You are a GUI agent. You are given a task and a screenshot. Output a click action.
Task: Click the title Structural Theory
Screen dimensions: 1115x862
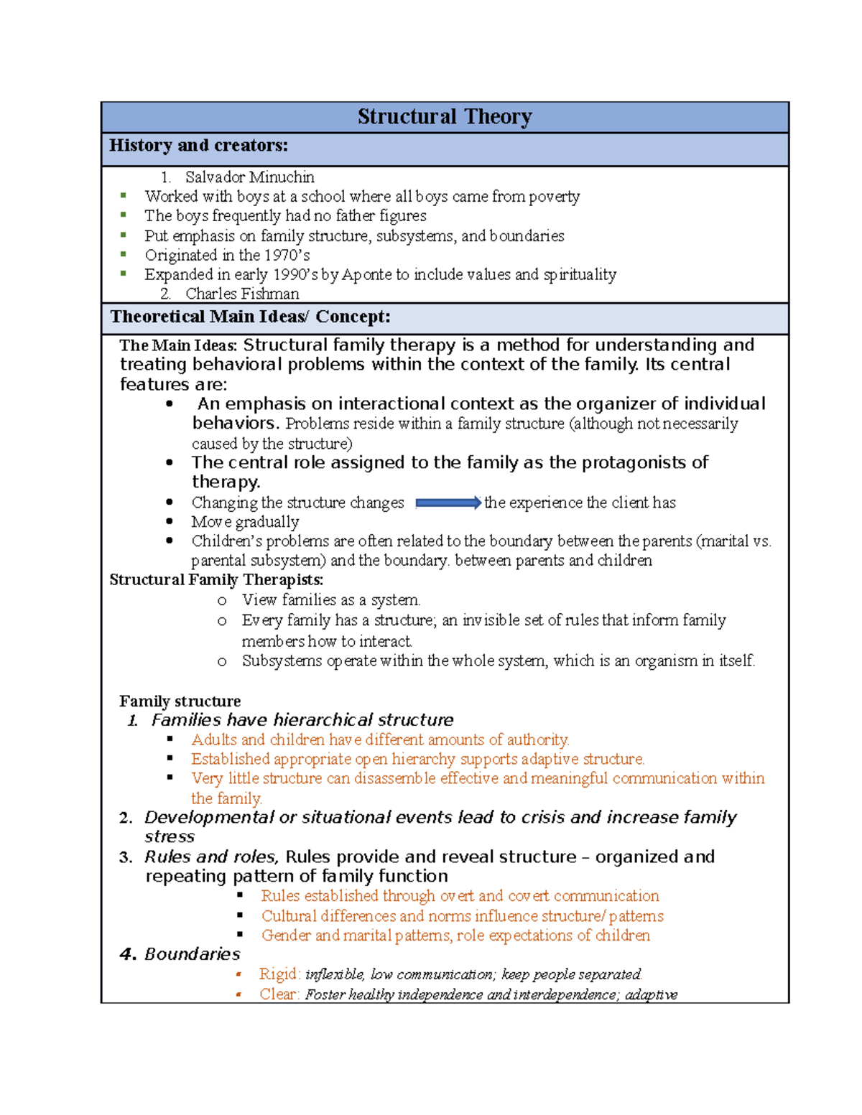point(445,116)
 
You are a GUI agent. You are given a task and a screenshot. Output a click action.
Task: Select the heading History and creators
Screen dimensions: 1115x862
point(198,146)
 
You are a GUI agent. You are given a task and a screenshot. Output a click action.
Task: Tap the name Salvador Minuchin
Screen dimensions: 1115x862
point(249,177)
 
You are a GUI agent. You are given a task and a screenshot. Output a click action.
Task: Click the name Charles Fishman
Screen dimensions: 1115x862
point(242,294)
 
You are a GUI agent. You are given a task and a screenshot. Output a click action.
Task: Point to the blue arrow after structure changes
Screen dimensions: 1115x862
point(448,503)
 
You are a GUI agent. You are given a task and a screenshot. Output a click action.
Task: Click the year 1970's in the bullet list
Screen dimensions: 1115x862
point(287,255)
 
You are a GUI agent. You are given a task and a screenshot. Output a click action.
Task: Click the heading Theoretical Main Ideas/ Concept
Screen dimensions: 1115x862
point(250,317)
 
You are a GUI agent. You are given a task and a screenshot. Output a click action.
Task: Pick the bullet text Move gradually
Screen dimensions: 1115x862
point(245,522)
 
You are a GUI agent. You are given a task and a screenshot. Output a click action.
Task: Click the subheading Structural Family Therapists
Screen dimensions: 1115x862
point(216,580)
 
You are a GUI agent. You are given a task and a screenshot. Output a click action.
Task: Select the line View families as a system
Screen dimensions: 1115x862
point(331,600)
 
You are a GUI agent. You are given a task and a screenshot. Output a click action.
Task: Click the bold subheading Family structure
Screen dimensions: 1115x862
point(180,701)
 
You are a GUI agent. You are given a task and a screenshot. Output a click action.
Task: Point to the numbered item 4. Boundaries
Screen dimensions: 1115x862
point(180,954)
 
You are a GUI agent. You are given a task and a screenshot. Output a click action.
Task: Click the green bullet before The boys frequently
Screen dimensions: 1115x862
point(124,215)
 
